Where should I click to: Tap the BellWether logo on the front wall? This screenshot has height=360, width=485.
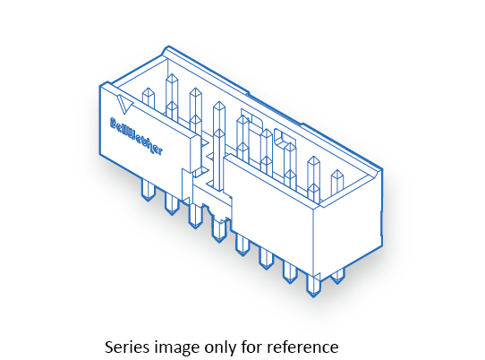(136, 136)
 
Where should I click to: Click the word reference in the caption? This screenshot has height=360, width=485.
(302, 347)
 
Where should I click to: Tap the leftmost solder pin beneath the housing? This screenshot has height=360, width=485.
(148, 191)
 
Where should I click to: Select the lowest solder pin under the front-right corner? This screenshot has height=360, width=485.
(313, 286)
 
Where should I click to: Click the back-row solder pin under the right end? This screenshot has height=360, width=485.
(337, 276)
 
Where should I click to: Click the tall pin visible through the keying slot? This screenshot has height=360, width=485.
(219, 145)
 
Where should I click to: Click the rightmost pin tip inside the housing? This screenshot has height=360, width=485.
(337, 183)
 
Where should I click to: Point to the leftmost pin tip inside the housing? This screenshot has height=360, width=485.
(149, 99)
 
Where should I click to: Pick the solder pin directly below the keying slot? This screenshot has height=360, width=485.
(219, 229)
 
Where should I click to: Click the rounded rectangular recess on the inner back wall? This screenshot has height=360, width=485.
(285, 139)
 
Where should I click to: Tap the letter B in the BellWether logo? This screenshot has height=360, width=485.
(114, 124)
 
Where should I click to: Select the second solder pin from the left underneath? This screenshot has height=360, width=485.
(172, 203)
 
